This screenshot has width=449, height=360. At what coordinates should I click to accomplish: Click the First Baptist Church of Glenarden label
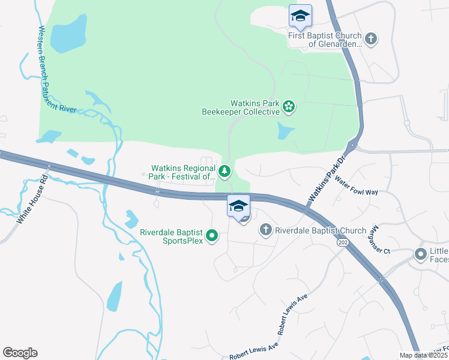pyautogui.click(x=325, y=40)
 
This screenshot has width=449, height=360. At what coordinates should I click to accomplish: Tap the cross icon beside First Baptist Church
pyautogui.click(x=371, y=39)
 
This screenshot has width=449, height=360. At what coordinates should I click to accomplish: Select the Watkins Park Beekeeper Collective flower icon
pyautogui.click(x=289, y=107)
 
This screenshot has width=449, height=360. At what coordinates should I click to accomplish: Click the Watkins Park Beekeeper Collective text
pyautogui.click(x=249, y=107)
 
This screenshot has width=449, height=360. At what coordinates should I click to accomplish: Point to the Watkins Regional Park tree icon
pyautogui.click(x=224, y=172)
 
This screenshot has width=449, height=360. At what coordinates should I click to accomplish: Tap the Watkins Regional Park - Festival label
pyautogui.click(x=183, y=172)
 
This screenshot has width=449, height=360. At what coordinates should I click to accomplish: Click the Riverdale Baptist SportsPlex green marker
pyautogui.click(x=211, y=236)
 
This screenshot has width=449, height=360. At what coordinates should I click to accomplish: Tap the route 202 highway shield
pyautogui.click(x=343, y=242)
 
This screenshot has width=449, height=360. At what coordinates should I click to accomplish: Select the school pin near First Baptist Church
pyautogui.click(x=300, y=16)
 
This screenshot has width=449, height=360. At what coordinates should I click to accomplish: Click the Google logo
pyautogui.click(x=20, y=353)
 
